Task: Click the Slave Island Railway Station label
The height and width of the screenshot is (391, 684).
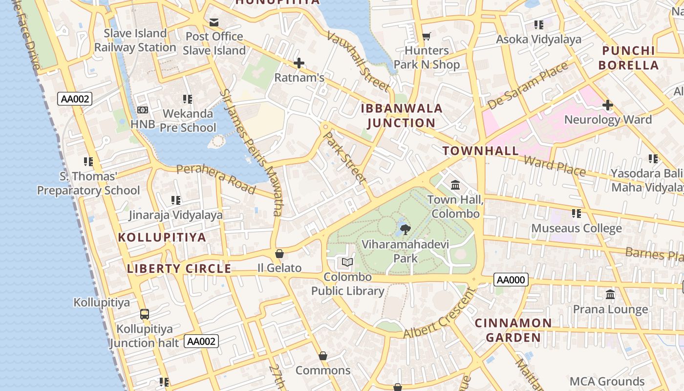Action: pos(135,41)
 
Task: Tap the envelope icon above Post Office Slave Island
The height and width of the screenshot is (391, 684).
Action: pos(214,22)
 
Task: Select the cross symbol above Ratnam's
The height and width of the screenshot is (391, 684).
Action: pos(299,63)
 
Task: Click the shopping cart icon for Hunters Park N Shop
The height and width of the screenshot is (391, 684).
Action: pos(427,36)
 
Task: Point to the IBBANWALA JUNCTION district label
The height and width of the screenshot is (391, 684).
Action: pos(402,115)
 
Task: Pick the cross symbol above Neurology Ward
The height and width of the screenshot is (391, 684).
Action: pos(608,105)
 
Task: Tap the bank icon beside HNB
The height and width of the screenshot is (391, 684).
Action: pos(143,110)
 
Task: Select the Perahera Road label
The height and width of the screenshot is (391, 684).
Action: pos(215,178)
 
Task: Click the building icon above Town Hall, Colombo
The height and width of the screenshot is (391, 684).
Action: pos(455,185)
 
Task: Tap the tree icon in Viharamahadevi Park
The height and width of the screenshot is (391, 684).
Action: pos(405,229)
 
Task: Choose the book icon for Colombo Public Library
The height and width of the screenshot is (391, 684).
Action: pos(347,262)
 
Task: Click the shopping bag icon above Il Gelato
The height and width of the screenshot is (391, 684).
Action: pos(279,253)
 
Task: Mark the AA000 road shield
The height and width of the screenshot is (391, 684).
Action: pos(511,280)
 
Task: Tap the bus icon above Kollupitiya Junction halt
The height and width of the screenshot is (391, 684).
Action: pos(145,314)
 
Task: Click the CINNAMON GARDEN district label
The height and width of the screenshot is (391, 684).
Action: pos(513,330)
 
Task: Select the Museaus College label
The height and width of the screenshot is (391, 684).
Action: pos(577,228)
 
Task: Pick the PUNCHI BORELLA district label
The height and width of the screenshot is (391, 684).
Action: pos(628,58)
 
